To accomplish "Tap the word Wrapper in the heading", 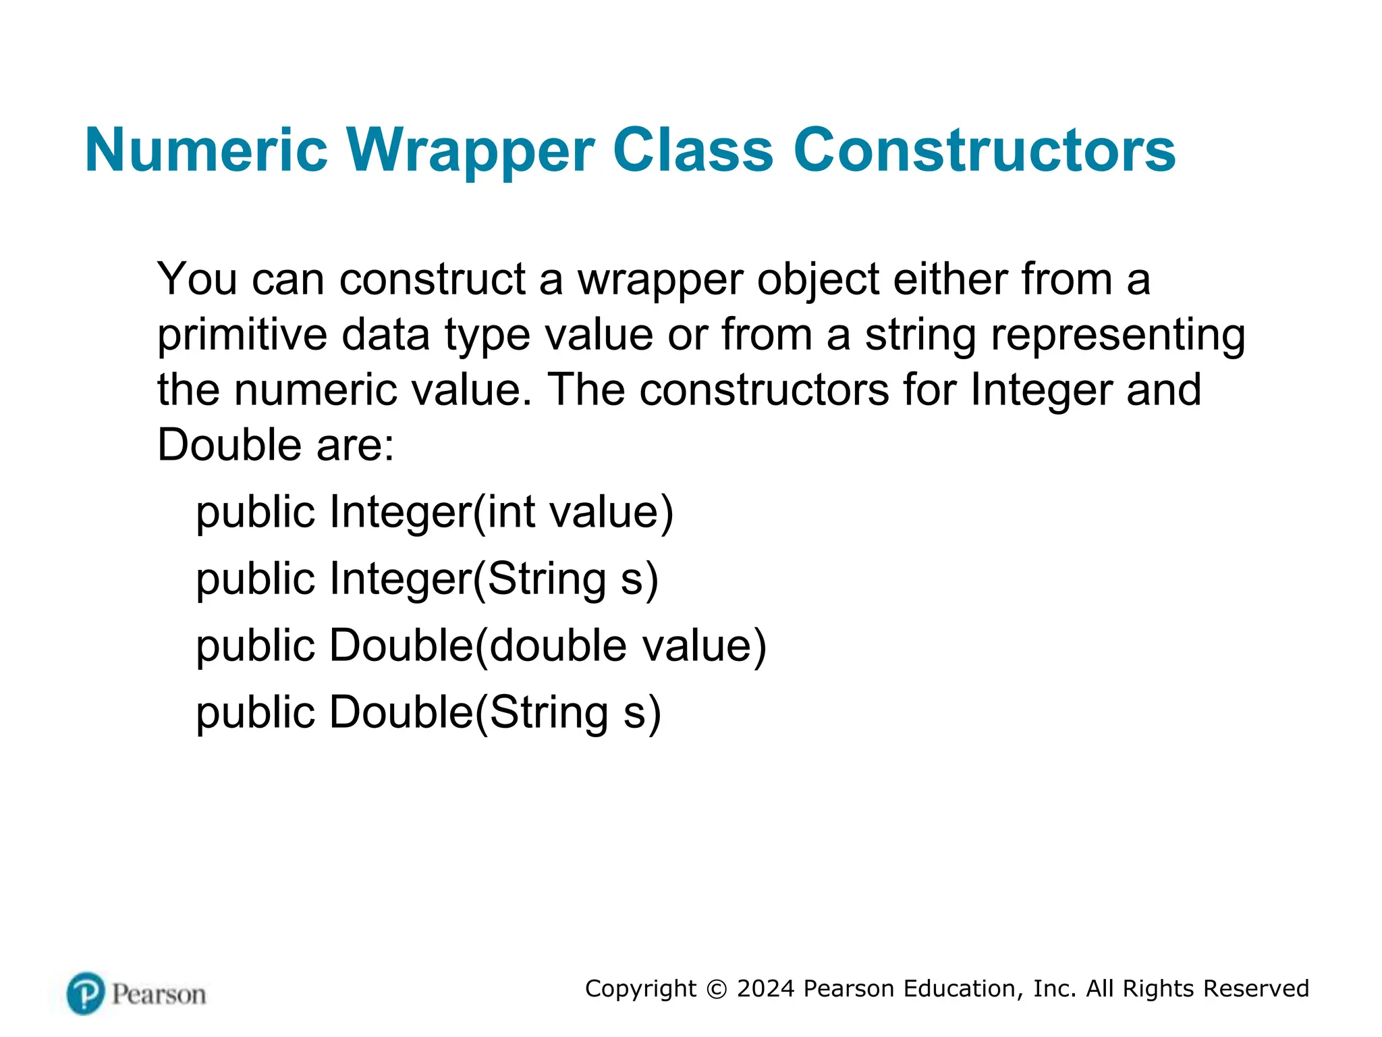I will coord(470,151).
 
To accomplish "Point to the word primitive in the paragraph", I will coord(244,336).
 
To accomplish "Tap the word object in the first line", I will coord(818,280).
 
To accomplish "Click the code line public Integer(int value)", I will coord(435,513).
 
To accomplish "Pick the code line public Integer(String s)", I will coord(427,580).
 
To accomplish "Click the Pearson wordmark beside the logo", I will coord(159,994).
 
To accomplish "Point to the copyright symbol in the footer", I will coord(717,989).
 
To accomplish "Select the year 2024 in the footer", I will coord(766,989).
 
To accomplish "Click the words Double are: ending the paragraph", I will coord(275,446).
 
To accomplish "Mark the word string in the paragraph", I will coord(920,336).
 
